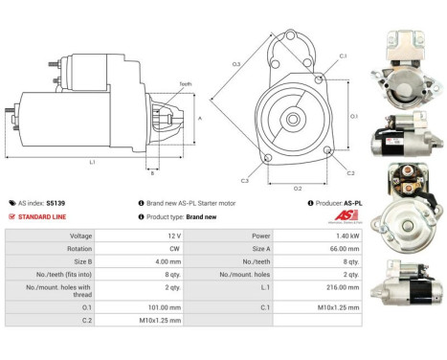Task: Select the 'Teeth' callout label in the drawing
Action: click(x=186, y=84)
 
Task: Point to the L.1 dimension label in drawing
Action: click(x=92, y=163)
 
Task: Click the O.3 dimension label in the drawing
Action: click(x=235, y=64)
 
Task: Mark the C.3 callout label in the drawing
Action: click(x=245, y=180)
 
